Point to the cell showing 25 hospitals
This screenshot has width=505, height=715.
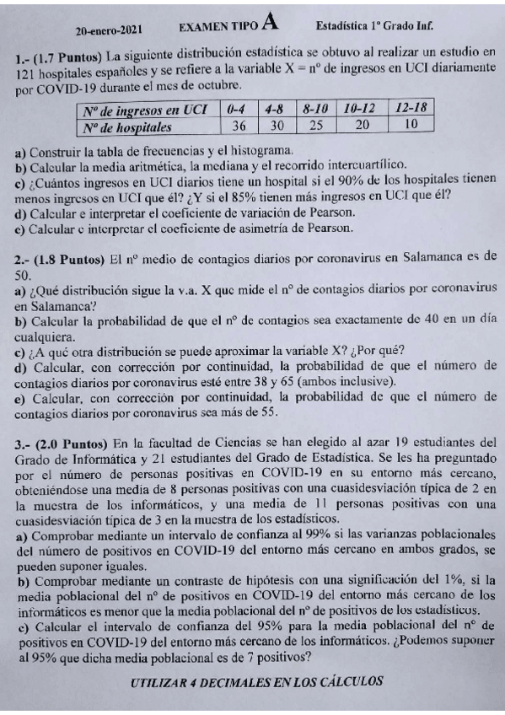point(315,126)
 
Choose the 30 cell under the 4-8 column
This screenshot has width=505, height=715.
point(277,126)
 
